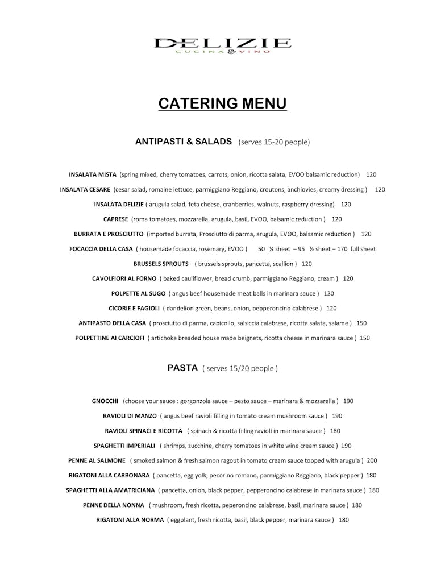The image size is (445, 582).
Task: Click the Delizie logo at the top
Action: pos(223,45)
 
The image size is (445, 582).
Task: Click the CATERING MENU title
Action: pos(223,103)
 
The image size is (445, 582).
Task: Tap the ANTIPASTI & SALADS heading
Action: pos(184,142)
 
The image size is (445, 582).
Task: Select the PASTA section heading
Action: pos(182,368)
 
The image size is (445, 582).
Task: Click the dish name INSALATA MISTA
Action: pos(93,174)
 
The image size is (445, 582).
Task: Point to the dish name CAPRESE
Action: pos(115,219)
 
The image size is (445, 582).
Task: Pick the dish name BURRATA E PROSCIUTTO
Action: pos(109,234)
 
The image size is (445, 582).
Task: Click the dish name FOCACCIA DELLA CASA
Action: pos(101,249)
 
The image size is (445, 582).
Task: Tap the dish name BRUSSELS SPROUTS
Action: pos(161,264)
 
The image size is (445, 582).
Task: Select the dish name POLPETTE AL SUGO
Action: pos(139,294)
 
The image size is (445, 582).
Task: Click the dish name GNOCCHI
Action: pos(105,401)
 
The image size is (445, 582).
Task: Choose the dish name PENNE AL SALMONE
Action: pos(97,460)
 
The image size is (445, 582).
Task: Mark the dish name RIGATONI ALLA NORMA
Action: pos(130,520)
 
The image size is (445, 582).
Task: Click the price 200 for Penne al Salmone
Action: pos(372,460)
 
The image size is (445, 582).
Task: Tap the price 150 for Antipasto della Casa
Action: pos(361,323)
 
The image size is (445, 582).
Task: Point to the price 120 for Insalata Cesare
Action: pos(380,190)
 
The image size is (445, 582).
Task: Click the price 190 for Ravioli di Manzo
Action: pos(337,416)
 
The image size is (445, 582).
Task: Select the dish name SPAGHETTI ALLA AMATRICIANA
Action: pos(110,490)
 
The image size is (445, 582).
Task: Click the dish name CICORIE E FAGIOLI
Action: pos(134,309)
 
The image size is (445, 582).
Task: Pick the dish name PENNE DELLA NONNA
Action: pos(114,505)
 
